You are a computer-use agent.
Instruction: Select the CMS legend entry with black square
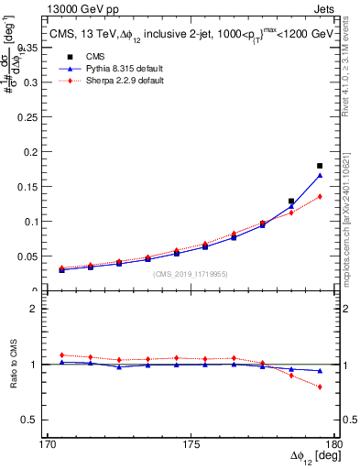pyautogui.click(x=83, y=58)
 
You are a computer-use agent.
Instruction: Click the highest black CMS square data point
pyautogui.click(x=320, y=166)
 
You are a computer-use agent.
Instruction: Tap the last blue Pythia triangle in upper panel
pyautogui.click(x=320, y=175)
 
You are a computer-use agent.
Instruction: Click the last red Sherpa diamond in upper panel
pyautogui.click(x=320, y=196)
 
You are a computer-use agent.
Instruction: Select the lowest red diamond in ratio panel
pyautogui.click(x=320, y=387)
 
